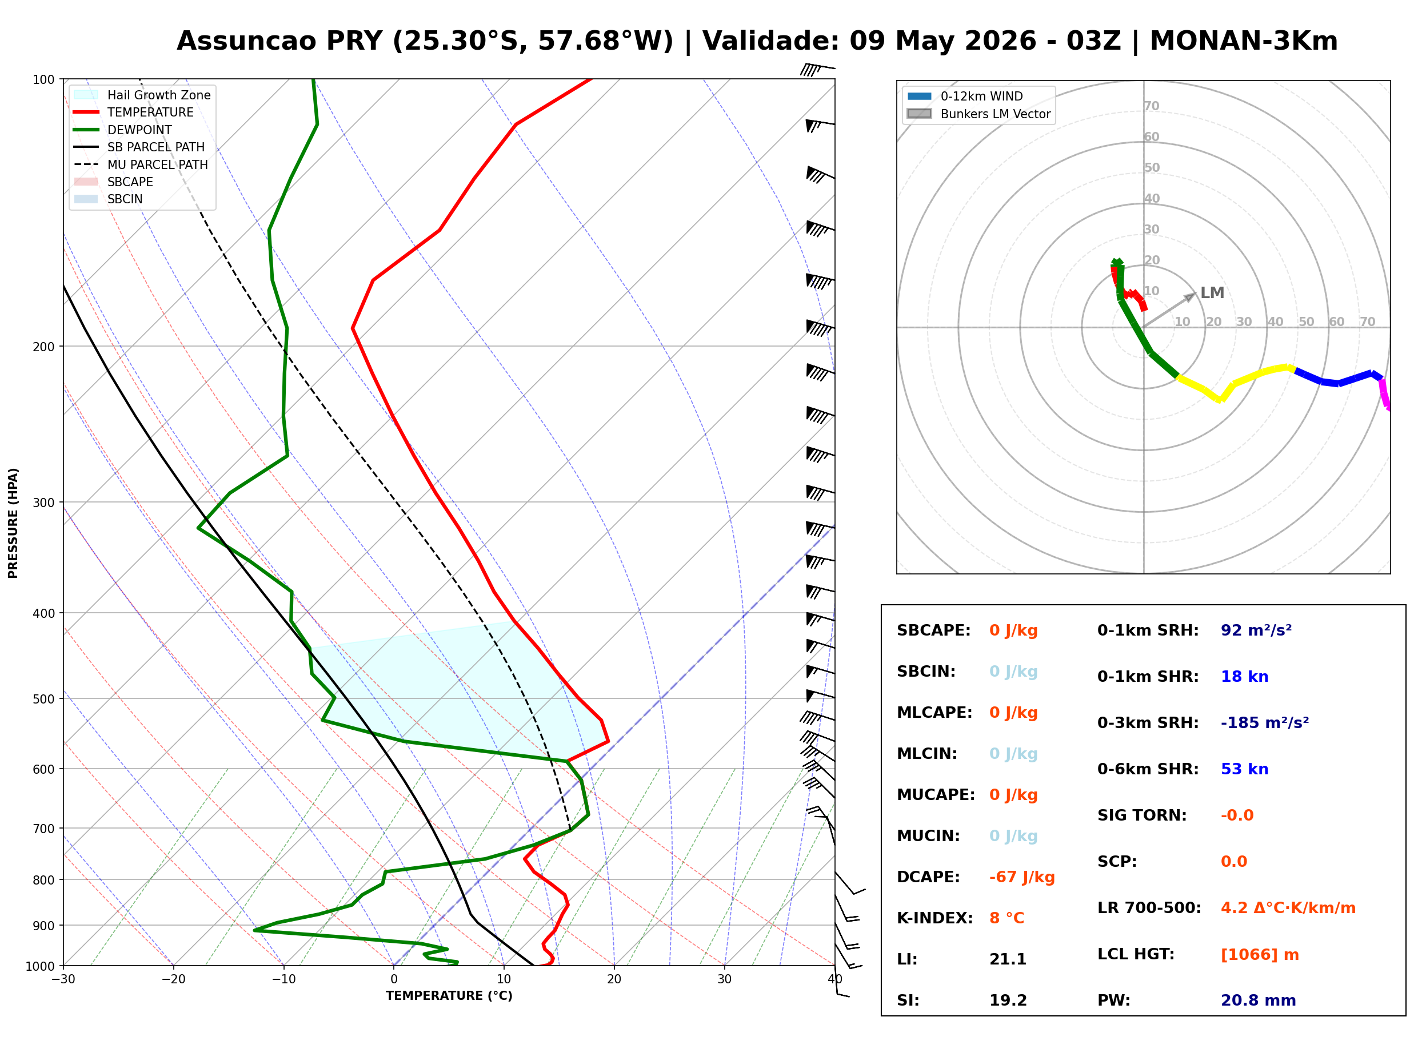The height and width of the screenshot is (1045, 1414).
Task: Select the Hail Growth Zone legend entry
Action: tap(142, 95)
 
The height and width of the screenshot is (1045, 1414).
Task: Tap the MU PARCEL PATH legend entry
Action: tap(141, 164)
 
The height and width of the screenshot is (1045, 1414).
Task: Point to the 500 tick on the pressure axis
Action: tap(43, 699)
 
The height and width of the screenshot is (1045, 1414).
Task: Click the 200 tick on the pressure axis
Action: tap(43, 347)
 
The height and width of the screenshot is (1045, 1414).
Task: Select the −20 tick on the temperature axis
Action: tap(173, 979)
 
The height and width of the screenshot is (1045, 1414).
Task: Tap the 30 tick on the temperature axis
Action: tap(724, 979)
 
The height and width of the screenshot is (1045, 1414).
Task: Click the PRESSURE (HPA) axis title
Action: tap(13, 523)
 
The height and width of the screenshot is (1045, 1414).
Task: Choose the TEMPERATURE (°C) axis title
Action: tap(449, 996)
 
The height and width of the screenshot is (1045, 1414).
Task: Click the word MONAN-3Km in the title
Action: tap(1244, 41)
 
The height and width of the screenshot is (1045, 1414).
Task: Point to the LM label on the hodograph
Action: tap(1212, 293)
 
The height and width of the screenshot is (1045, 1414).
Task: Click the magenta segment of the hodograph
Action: tap(1385, 394)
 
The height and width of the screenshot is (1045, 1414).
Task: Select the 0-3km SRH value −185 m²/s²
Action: tap(1265, 722)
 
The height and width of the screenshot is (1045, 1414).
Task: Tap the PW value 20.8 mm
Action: tap(1259, 1000)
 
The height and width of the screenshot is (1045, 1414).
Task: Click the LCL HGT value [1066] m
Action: tap(1260, 955)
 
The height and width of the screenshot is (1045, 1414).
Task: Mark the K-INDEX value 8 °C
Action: tap(1006, 918)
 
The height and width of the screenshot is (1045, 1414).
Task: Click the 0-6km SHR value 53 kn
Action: tap(1244, 769)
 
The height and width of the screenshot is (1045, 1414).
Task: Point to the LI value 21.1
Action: tap(1008, 959)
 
